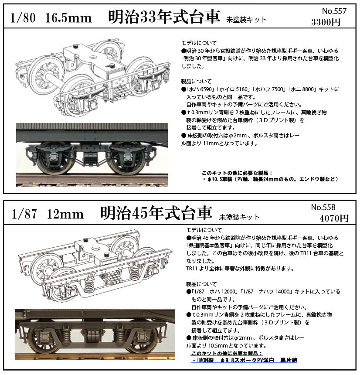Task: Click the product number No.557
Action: [x=334, y=11]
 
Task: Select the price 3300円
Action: [x=326, y=22]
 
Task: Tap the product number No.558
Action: [x=323, y=208]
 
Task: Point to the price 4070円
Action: [x=334, y=218]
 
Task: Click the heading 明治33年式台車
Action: [x=164, y=17]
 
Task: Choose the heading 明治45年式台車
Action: [x=156, y=213]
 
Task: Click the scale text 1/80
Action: [x=23, y=18]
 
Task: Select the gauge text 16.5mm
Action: [x=68, y=18]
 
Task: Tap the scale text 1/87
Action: [x=24, y=214]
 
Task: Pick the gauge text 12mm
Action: [x=65, y=214]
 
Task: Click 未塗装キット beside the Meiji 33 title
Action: [x=246, y=20]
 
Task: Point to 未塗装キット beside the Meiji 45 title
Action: [x=239, y=217]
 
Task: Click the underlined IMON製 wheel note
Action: [x=245, y=360]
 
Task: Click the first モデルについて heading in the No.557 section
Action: [x=199, y=43]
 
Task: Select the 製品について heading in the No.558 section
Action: [x=201, y=284]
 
